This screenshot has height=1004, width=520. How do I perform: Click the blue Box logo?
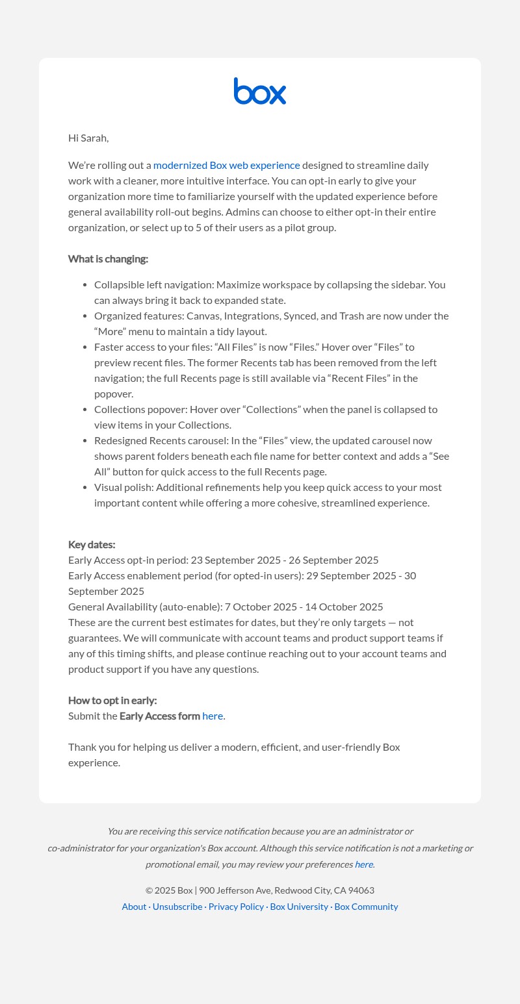[260, 91]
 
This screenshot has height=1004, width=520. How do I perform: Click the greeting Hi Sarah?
[88, 138]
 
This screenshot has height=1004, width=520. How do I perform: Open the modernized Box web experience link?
[226, 165]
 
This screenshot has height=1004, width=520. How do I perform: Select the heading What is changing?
[108, 258]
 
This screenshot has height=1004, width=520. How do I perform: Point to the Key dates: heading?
[92, 544]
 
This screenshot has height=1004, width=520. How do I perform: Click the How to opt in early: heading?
[112, 700]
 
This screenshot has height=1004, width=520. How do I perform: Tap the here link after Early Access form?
[213, 716]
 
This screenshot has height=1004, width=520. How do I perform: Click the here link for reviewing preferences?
[363, 864]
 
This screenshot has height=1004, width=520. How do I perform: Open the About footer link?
[134, 907]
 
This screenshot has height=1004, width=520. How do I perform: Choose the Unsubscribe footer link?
[177, 907]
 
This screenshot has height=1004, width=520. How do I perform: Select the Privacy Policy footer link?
[236, 907]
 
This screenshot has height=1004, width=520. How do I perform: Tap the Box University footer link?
[299, 907]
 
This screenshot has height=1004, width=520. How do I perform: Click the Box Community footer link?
[366, 907]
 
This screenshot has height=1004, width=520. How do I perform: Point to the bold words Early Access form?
[160, 716]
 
